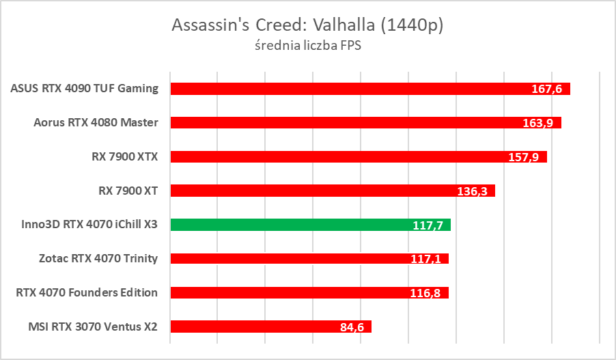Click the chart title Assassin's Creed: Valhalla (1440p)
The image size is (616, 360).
coord(307,25)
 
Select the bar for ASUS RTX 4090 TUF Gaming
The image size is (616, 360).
coord(341,89)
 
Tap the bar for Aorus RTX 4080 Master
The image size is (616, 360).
coord(341,123)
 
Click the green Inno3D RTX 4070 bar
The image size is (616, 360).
coord(287,225)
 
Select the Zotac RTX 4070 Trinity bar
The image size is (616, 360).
coord(287,258)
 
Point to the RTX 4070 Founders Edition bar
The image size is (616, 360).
coord(287,292)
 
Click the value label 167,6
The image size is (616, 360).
coord(546,89)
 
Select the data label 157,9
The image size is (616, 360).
coord(524,157)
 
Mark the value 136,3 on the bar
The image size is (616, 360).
coord(472,191)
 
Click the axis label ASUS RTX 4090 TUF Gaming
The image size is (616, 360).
coord(85,89)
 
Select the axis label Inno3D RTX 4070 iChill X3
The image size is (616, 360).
coord(85,225)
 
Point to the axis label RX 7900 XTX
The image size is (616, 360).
coord(124,156)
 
